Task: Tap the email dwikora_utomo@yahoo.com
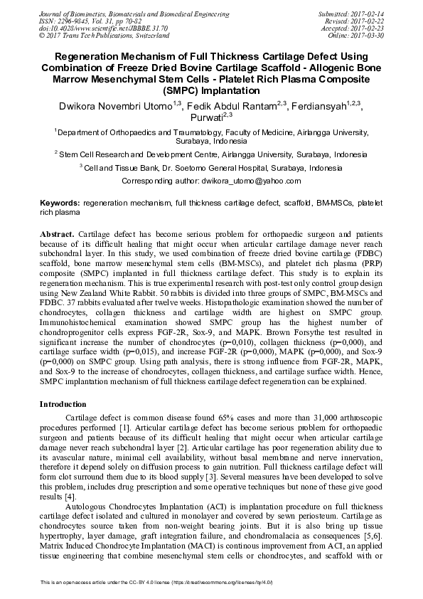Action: (240, 182)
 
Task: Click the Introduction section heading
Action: (65, 403)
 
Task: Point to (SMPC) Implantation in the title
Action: (211, 90)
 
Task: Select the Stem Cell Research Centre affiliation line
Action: (211, 153)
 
